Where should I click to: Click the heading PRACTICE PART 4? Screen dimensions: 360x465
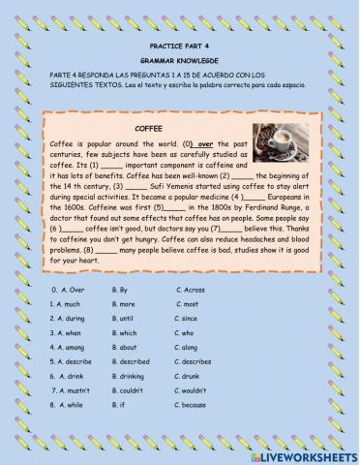(179, 46)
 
